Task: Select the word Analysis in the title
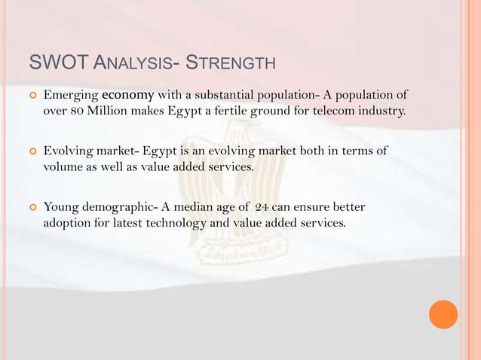point(132,60)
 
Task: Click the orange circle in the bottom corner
point(443,314)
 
